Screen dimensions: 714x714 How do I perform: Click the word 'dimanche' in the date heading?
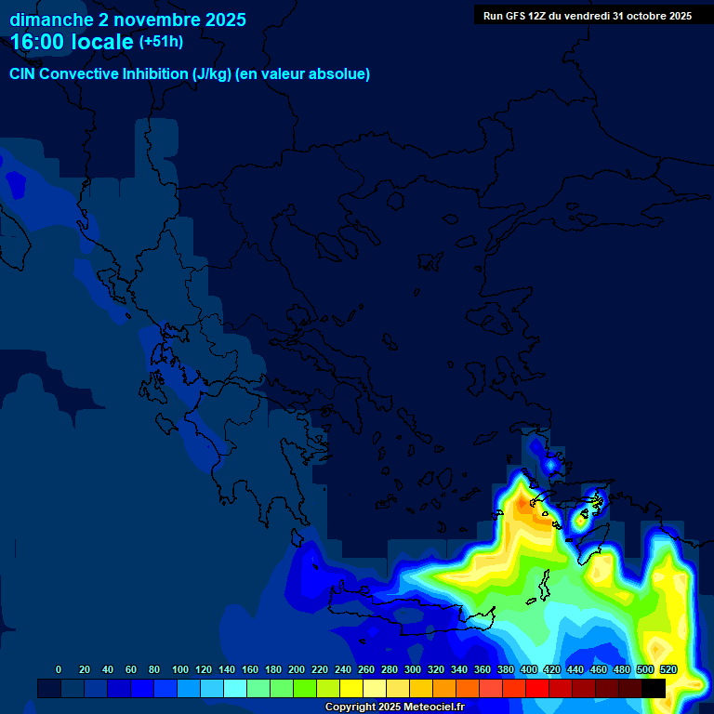coord(51,20)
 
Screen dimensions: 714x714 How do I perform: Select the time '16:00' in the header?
coord(39,42)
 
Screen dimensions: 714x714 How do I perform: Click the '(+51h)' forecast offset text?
coord(161,42)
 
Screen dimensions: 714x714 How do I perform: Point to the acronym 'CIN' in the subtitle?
coord(22,74)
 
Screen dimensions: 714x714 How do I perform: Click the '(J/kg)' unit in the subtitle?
coord(213,74)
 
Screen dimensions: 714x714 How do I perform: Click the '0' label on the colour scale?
coord(59,669)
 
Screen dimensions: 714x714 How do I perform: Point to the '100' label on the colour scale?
coord(180,669)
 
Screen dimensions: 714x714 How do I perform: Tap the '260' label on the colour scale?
coord(366,669)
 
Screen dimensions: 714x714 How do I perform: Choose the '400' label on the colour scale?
coord(529,669)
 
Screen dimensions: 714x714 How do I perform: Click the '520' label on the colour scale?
coord(668,669)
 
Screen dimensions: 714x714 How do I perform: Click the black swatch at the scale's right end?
coord(654,688)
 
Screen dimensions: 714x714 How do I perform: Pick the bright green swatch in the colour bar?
coord(305,688)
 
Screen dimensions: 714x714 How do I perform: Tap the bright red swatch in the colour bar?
coord(537,688)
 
